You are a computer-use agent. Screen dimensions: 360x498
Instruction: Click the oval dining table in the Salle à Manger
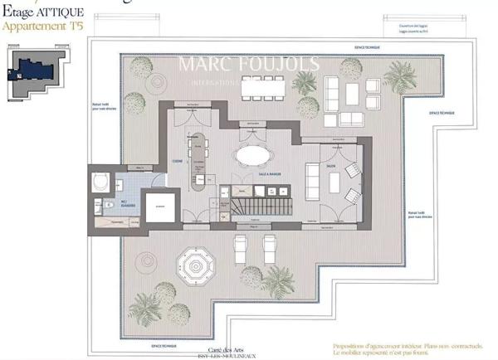click(253, 155)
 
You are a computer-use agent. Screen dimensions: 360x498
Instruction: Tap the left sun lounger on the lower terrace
click(241, 246)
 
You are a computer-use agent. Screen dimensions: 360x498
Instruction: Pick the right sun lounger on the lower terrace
click(269, 246)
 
